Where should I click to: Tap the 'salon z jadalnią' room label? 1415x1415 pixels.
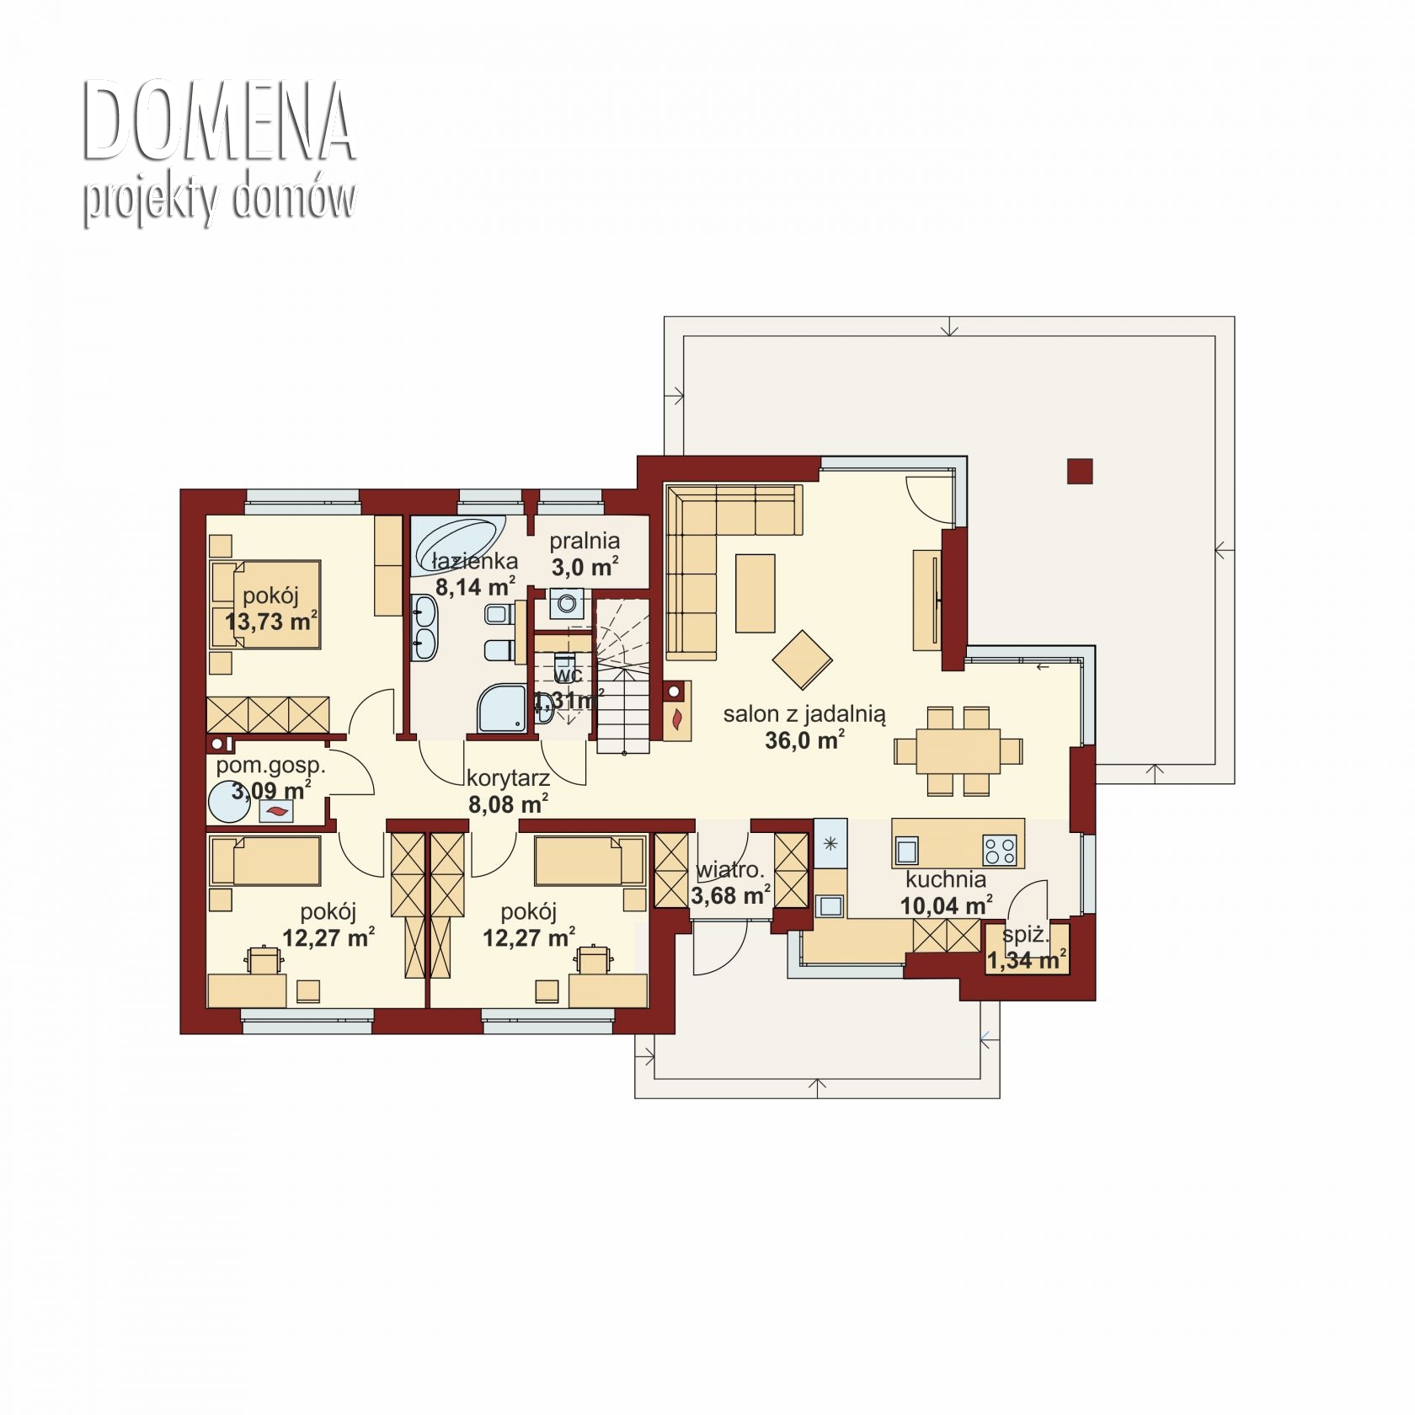[x=804, y=715]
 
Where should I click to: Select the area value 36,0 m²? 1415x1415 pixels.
[x=804, y=740]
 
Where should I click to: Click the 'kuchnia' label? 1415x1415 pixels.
[x=946, y=880]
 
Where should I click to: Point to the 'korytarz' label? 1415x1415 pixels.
[x=508, y=778]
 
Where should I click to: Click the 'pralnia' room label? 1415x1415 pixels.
[x=585, y=542]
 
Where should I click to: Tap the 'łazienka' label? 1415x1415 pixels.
[x=474, y=561]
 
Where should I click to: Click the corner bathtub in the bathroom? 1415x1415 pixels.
[x=458, y=536]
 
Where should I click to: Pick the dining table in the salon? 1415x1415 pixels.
[x=958, y=751]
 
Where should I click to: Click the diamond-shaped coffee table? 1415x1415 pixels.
[x=802, y=659]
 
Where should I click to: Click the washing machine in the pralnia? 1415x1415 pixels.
[x=566, y=604]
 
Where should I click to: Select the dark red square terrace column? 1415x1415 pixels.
[x=1080, y=471]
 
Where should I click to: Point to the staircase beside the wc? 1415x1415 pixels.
[x=623, y=675]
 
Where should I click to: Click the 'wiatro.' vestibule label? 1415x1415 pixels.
[x=730, y=870]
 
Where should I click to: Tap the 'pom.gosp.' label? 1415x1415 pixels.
[x=270, y=766]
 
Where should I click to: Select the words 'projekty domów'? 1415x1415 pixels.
[x=219, y=200]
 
